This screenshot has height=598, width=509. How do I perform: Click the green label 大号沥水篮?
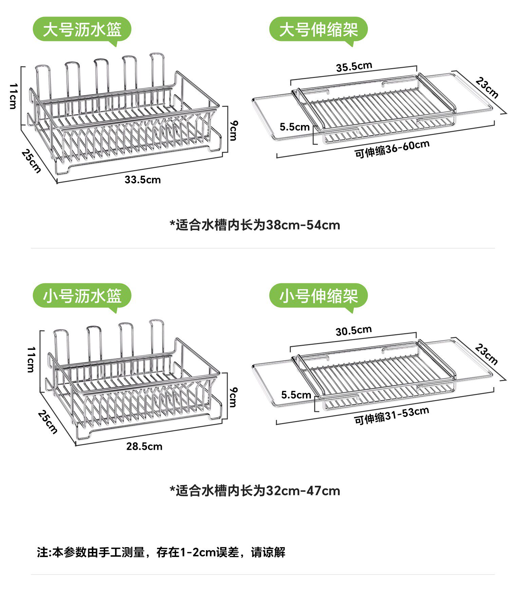tap(82, 29)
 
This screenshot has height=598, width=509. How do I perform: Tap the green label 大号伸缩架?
tap(318, 29)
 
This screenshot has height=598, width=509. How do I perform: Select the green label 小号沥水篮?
tap(82, 296)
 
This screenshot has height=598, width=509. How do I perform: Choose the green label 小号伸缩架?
tap(318, 296)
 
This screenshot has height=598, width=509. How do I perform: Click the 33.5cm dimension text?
tap(143, 180)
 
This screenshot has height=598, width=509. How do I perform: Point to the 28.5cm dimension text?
tap(144, 446)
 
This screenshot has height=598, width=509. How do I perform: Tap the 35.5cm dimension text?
tap(354, 66)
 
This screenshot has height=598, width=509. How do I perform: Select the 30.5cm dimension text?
tap(354, 331)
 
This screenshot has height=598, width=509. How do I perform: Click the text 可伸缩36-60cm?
tap(392, 149)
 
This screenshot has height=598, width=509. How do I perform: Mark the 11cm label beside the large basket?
tap(13, 96)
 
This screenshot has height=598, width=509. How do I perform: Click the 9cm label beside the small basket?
tap(233, 397)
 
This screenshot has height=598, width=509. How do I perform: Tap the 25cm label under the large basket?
tap(31, 161)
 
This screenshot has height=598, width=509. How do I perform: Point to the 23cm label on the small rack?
tap(486, 354)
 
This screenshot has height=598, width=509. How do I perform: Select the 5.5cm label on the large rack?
tap(295, 127)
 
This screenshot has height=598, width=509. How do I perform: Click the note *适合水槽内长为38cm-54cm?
tap(255, 225)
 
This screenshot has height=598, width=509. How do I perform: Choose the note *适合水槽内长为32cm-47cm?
tap(255, 491)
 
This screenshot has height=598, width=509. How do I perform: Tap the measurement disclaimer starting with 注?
tap(161, 552)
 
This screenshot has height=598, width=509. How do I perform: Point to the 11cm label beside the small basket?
tap(31, 360)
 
